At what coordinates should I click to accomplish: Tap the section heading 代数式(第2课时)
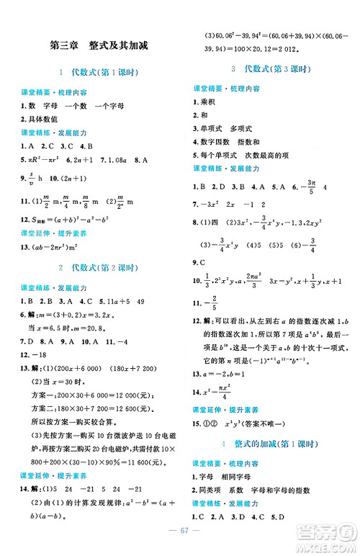click(97, 268)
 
